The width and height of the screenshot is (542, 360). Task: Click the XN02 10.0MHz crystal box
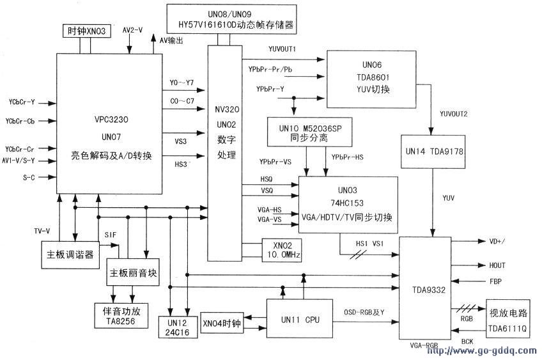[281, 249]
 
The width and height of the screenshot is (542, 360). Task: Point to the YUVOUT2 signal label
[454, 114]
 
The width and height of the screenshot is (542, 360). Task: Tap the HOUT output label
[497, 264]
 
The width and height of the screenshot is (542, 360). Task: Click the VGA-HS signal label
[269, 209]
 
